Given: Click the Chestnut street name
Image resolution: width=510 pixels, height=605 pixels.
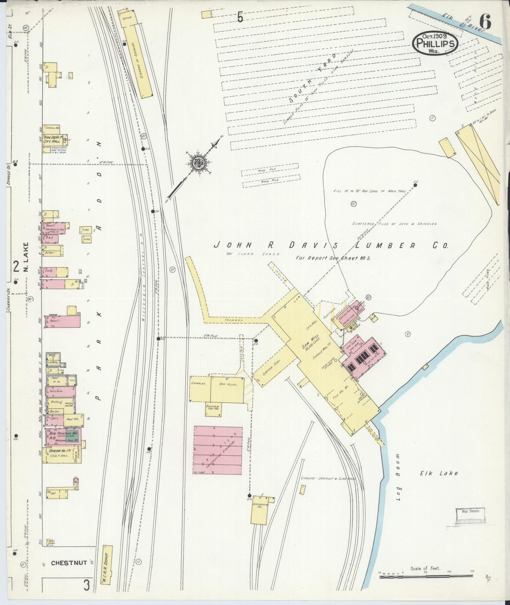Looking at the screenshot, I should pyautogui.click(x=69, y=563).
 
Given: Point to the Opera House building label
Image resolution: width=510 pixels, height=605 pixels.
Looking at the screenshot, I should pyautogui.click(x=58, y=451).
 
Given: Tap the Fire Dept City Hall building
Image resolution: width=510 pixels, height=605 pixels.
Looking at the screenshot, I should pyautogui.click(x=54, y=139).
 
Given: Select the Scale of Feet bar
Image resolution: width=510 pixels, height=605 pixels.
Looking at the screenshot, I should pyautogui.click(x=426, y=577).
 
